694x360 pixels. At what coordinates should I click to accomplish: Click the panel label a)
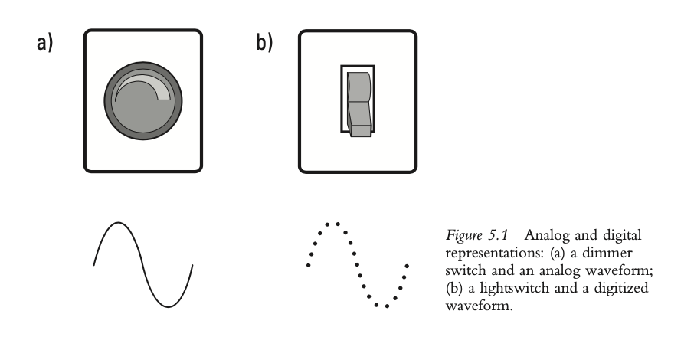point(44,43)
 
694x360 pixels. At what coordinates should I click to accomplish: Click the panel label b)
point(264,42)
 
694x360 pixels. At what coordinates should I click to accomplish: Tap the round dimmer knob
point(143,101)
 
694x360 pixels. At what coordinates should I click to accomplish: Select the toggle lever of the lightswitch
point(358,104)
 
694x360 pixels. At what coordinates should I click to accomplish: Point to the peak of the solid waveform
point(118,223)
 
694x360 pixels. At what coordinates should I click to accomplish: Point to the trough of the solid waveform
point(169,306)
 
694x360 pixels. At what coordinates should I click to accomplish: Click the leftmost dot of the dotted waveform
point(308,265)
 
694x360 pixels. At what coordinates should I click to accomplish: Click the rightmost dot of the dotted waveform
point(408,266)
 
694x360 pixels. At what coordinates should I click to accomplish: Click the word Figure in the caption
point(463,235)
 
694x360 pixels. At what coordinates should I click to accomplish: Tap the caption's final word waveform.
point(479,306)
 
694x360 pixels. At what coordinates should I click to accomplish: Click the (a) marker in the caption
point(558,253)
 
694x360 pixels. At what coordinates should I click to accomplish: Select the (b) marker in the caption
point(453,288)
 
